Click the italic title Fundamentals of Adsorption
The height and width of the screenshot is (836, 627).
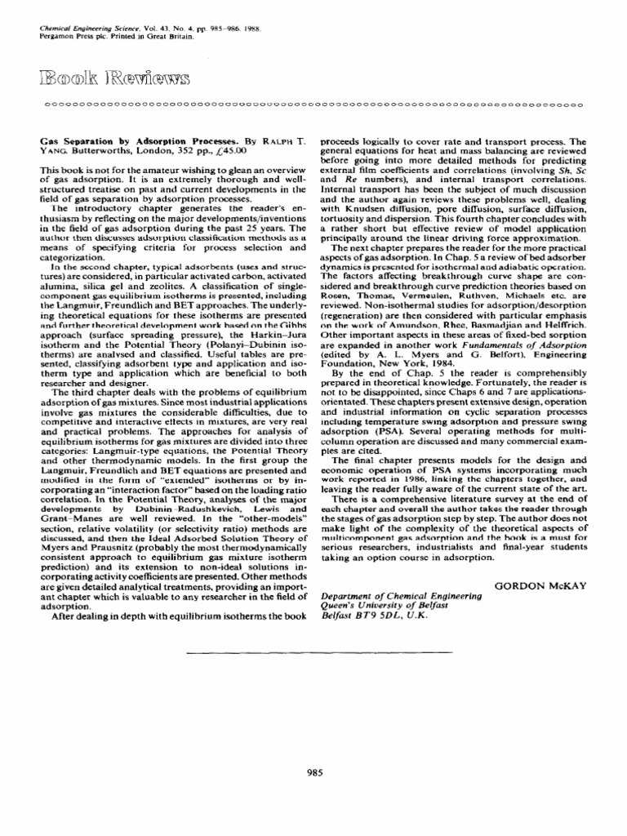[x=519, y=359]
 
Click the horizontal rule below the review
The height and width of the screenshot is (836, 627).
[x=318, y=652]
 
